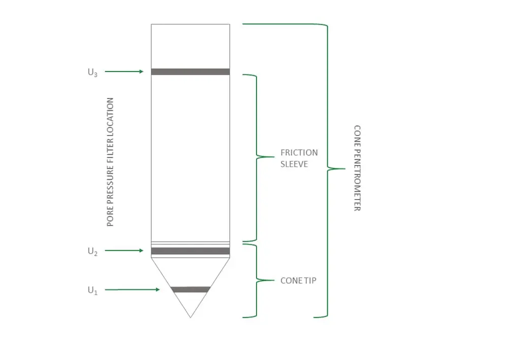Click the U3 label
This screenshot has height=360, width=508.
pos(92,73)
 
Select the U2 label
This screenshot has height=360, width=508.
pos(92,251)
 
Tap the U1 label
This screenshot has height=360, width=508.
pos(92,290)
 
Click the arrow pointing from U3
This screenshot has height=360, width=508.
pos(124,72)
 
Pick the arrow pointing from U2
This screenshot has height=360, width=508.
pos(124,250)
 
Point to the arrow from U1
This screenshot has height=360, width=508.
pos(133,289)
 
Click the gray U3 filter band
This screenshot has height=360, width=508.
pos(190,72)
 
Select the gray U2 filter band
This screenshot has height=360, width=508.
pos(190,251)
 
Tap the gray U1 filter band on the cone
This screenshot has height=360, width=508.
pos(190,289)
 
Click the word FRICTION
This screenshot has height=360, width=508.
pos(299,152)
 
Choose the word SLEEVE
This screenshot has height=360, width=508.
pos(294,164)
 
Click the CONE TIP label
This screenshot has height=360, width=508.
pos(298,280)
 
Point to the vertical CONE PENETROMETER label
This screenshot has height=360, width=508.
pos(357,169)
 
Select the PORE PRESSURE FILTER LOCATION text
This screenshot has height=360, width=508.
pos(110,162)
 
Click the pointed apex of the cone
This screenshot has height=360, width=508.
pos(190,317)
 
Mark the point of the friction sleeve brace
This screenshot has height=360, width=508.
pos(274,157)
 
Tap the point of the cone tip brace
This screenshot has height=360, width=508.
pos(274,280)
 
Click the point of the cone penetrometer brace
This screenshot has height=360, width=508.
pos(345,169)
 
